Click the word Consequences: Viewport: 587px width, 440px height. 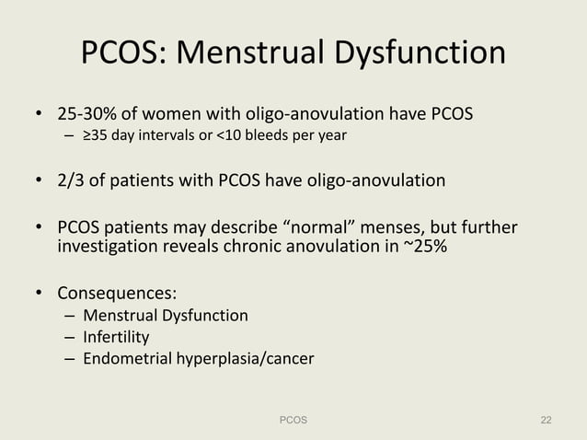tap(117, 294)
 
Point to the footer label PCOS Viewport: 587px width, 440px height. tap(293, 420)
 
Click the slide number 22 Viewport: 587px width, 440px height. tap(546, 420)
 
